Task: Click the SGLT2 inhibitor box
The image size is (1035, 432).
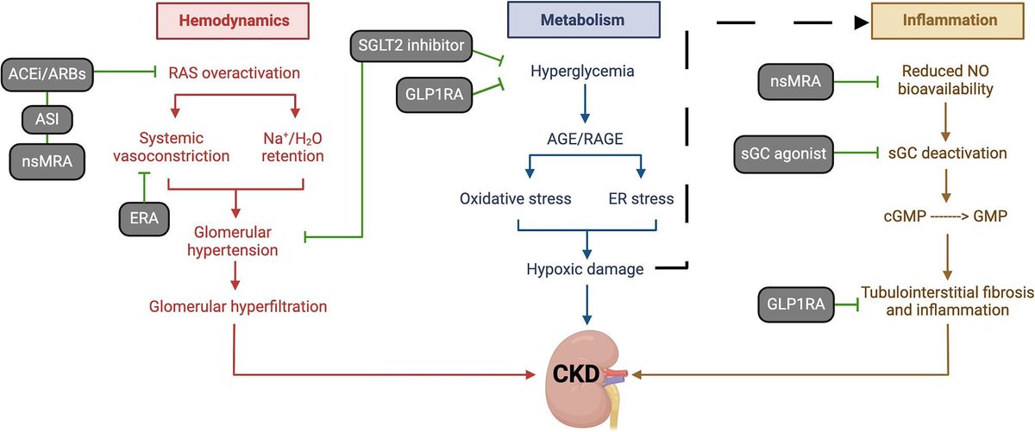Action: [402, 44]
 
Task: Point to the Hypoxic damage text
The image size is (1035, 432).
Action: [584, 269]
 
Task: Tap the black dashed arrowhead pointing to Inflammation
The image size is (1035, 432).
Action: [862, 20]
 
